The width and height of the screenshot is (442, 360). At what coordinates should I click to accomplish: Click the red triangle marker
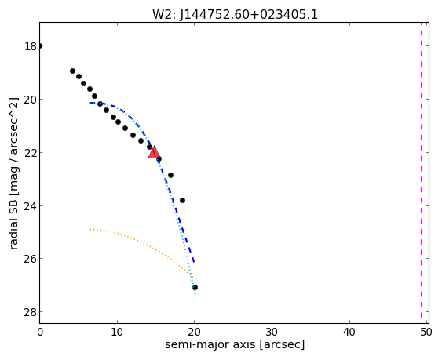click(x=154, y=152)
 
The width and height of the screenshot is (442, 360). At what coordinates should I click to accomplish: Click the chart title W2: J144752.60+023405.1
click(x=235, y=14)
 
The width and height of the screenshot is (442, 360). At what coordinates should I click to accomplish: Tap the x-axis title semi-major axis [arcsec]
click(x=235, y=345)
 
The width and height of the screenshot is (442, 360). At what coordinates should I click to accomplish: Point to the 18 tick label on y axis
click(x=31, y=46)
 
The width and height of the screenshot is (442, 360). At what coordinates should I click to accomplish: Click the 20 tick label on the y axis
click(x=31, y=100)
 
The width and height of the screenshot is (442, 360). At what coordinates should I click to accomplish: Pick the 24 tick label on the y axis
click(x=31, y=206)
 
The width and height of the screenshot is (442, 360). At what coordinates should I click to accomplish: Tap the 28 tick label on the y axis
click(x=31, y=312)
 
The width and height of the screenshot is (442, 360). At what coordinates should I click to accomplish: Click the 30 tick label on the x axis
click(x=272, y=333)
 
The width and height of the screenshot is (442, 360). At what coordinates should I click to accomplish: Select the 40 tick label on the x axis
click(x=349, y=333)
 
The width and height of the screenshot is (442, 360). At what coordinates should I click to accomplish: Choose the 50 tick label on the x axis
click(x=426, y=333)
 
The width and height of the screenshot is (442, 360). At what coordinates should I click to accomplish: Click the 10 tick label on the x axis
click(x=117, y=333)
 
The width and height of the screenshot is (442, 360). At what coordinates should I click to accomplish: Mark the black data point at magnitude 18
click(x=40, y=46)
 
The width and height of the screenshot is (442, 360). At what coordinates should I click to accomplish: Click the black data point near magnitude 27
click(x=195, y=287)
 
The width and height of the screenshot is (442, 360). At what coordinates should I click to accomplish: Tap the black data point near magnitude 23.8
click(x=182, y=200)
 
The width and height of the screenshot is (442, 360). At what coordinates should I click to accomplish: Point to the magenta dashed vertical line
click(x=421, y=173)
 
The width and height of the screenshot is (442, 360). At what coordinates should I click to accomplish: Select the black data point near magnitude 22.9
click(x=170, y=175)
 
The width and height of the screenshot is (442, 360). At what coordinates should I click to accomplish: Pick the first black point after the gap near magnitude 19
click(x=72, y=71)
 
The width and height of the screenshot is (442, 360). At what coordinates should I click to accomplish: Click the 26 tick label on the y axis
click(x=31, y=259)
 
